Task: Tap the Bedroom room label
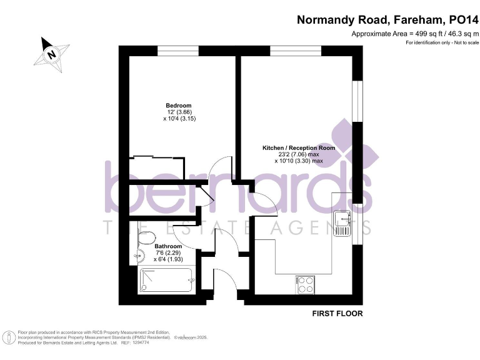[x=178, y=105]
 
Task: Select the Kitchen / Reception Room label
[x=298, y=148]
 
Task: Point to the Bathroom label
[x=167, y=246]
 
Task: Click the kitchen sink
[x=341, y=222]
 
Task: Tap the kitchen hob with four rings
[x=305, y=284]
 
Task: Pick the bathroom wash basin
[x=137, y=255]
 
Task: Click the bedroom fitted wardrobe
[x=156, y=167]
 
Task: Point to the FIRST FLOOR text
[x=337, y=313]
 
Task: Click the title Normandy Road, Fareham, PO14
[x=387, y=19]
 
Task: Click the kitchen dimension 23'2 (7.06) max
[x=299, y=154]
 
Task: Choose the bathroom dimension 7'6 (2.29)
[x=168, y=252]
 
